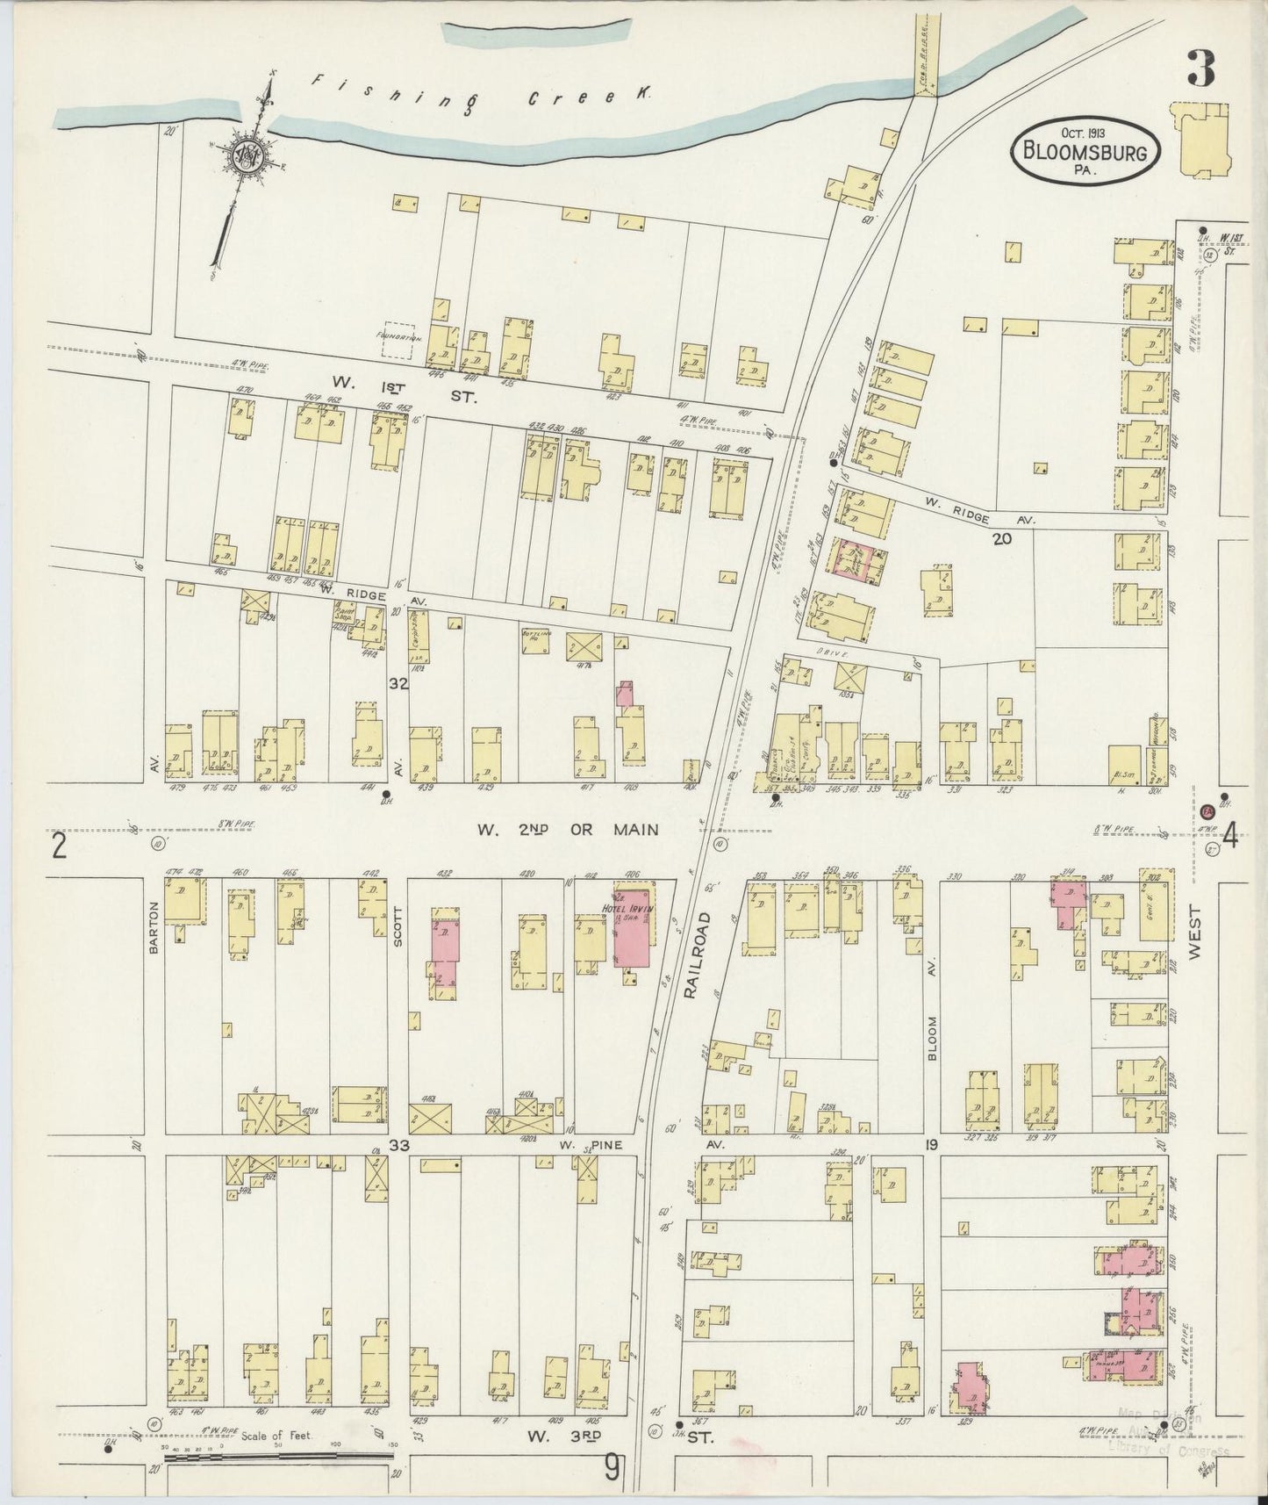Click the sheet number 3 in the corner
pyautogui.click(x=1201, y=68)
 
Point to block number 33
pyautogui.click(x=398, y=1145)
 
